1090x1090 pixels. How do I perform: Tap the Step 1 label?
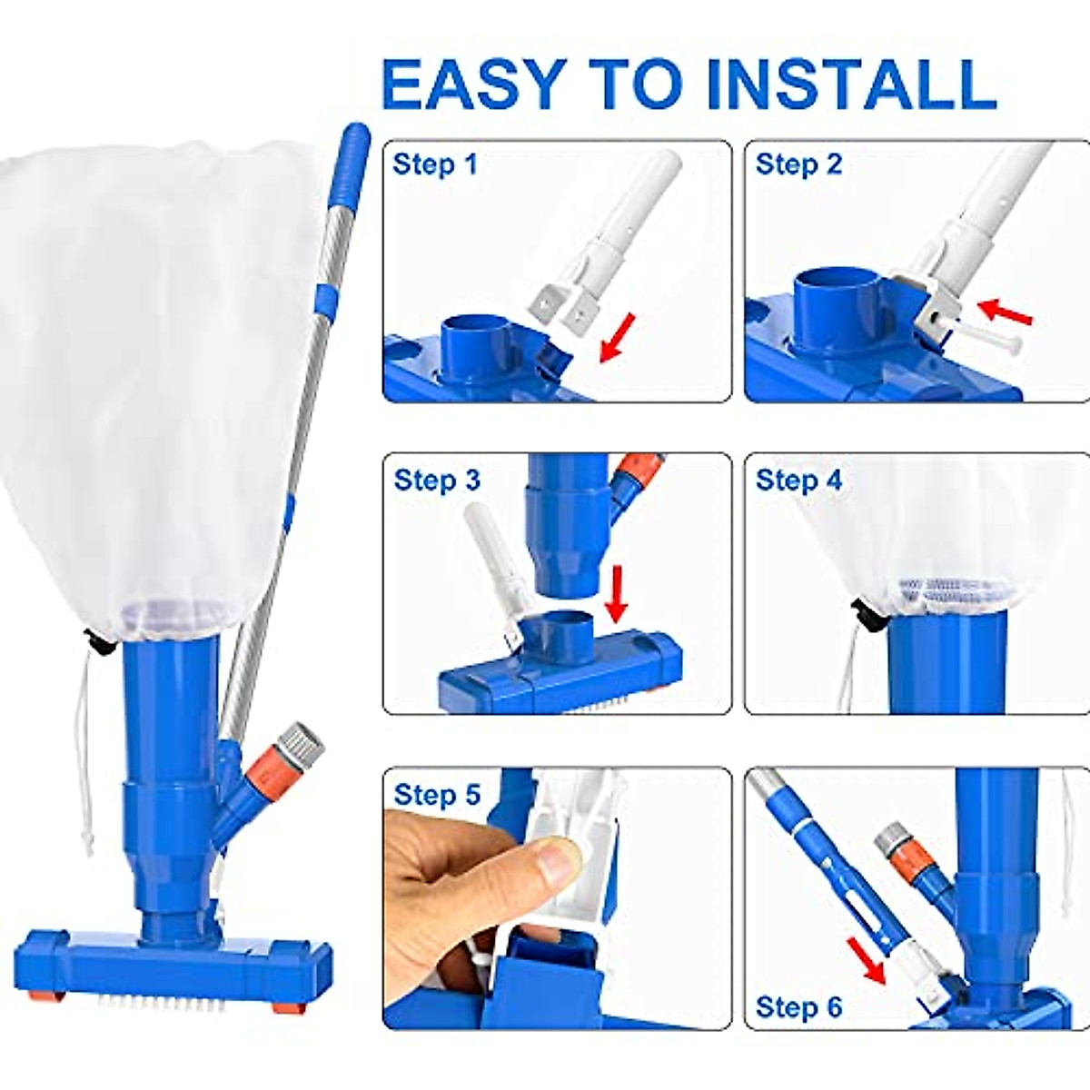pos(434,164)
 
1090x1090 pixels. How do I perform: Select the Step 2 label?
pos(798,164)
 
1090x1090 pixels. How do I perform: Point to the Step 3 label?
pos(436,480)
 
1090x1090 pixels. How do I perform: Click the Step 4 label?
pos(798,480)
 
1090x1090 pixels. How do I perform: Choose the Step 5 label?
pos(436,795)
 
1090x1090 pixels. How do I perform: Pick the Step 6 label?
pos(798,1006)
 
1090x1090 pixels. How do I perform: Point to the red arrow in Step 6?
pos(867,961)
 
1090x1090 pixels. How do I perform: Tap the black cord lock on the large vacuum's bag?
pos(99,643)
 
